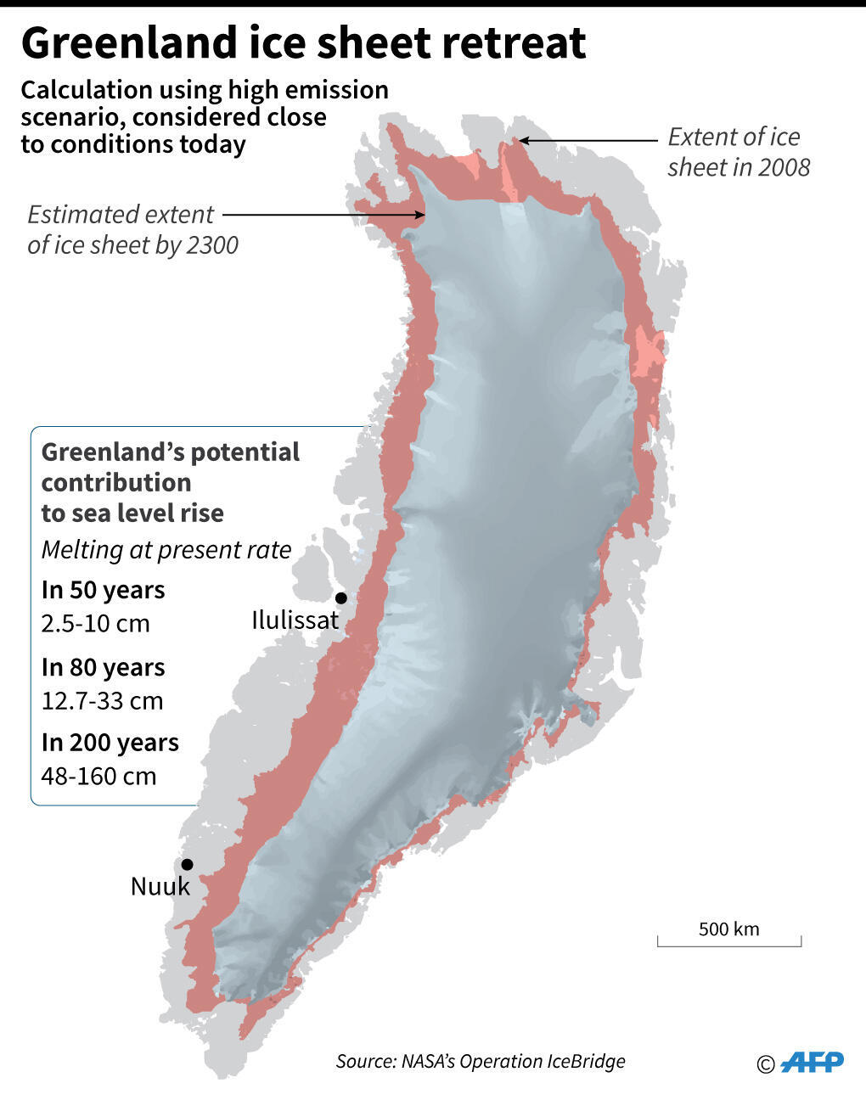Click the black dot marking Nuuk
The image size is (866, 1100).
(187, 864)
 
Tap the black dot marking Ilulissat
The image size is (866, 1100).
(341, 598)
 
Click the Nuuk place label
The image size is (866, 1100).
(160, 887)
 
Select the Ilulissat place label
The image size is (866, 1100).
(295, 620)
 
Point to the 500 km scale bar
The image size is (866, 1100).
(728, 940)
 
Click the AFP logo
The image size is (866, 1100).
(813, 1062)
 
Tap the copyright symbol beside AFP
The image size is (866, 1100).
(766, 1064)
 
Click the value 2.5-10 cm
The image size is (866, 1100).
(95, 624)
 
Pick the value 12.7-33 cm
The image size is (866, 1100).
(102, 701)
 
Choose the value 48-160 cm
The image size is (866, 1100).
(98, 776)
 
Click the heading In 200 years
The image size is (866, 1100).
(110, 743)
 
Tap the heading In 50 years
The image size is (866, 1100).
(103, 590)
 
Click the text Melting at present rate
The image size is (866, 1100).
(166, 550)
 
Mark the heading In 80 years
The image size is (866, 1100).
(103, 668)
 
